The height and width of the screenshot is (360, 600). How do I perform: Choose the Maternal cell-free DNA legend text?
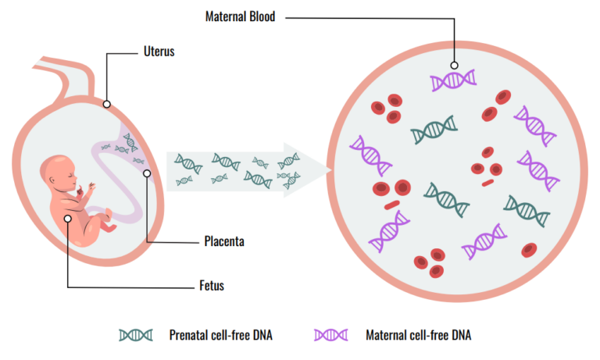420,336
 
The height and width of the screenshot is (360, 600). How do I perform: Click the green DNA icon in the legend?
136,336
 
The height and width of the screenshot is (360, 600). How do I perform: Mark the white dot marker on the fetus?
69,219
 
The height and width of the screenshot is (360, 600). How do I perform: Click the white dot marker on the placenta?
146,173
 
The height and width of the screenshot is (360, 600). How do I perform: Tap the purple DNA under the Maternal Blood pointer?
454,80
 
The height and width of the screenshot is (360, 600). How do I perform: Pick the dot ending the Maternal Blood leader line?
454,66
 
